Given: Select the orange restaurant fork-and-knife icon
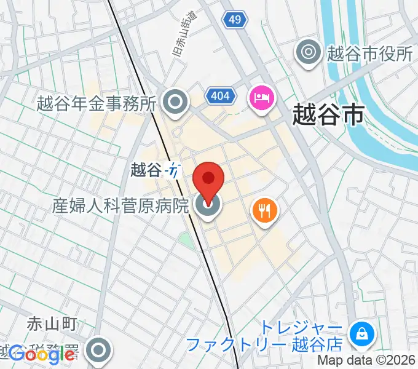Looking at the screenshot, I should (265, 212).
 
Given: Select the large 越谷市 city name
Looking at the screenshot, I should (327, 114).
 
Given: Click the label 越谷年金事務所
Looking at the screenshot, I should (97, 103).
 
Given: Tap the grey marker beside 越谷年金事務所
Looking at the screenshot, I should (177, 103).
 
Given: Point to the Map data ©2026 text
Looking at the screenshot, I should (366, 361).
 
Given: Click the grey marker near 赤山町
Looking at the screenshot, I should (98, 351).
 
